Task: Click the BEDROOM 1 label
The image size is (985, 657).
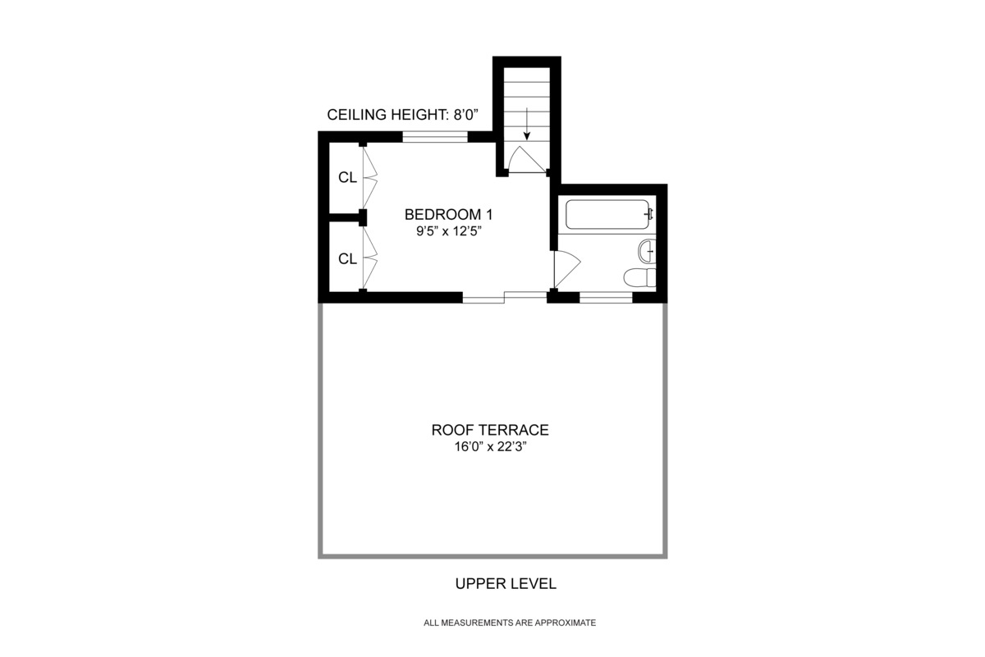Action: [x=447, y=215]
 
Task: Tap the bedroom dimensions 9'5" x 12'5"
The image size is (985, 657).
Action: [x=447, y=231]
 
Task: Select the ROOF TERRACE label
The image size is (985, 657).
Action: [x=490, y=430]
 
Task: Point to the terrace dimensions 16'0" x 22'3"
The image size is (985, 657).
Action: [x=490, y=448]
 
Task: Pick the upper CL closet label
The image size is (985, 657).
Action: [x=347, y=177]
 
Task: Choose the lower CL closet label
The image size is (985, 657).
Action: [x=347, y=259]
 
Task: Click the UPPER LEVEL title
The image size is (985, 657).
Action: [x=506, y=584]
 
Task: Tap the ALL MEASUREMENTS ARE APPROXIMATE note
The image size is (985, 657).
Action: [x=509, y=623]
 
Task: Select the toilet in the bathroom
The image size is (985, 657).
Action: [x=639, y=277]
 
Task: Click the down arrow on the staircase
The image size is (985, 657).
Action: [x=526, y=127]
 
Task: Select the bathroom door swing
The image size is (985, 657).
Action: [x=566, y=267]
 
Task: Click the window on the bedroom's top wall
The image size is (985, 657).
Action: [x=435, y=137]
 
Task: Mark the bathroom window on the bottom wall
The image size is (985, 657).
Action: [x=606, y=298]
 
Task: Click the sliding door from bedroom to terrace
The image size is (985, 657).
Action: [x=504, y=297]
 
